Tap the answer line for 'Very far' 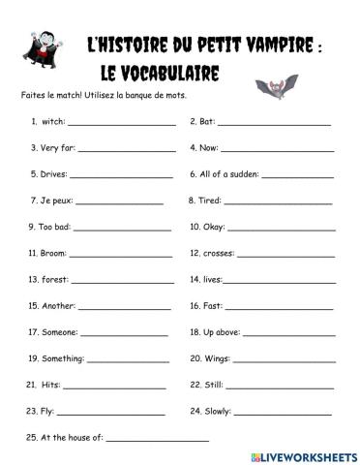(x=126, y=150)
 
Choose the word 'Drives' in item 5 (x=52, y=176)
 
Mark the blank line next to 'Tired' (x=278, y=202)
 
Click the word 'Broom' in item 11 (x=52, y=254)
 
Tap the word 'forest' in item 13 (x=54, y=280)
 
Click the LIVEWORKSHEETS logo (x=303, y=455)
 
